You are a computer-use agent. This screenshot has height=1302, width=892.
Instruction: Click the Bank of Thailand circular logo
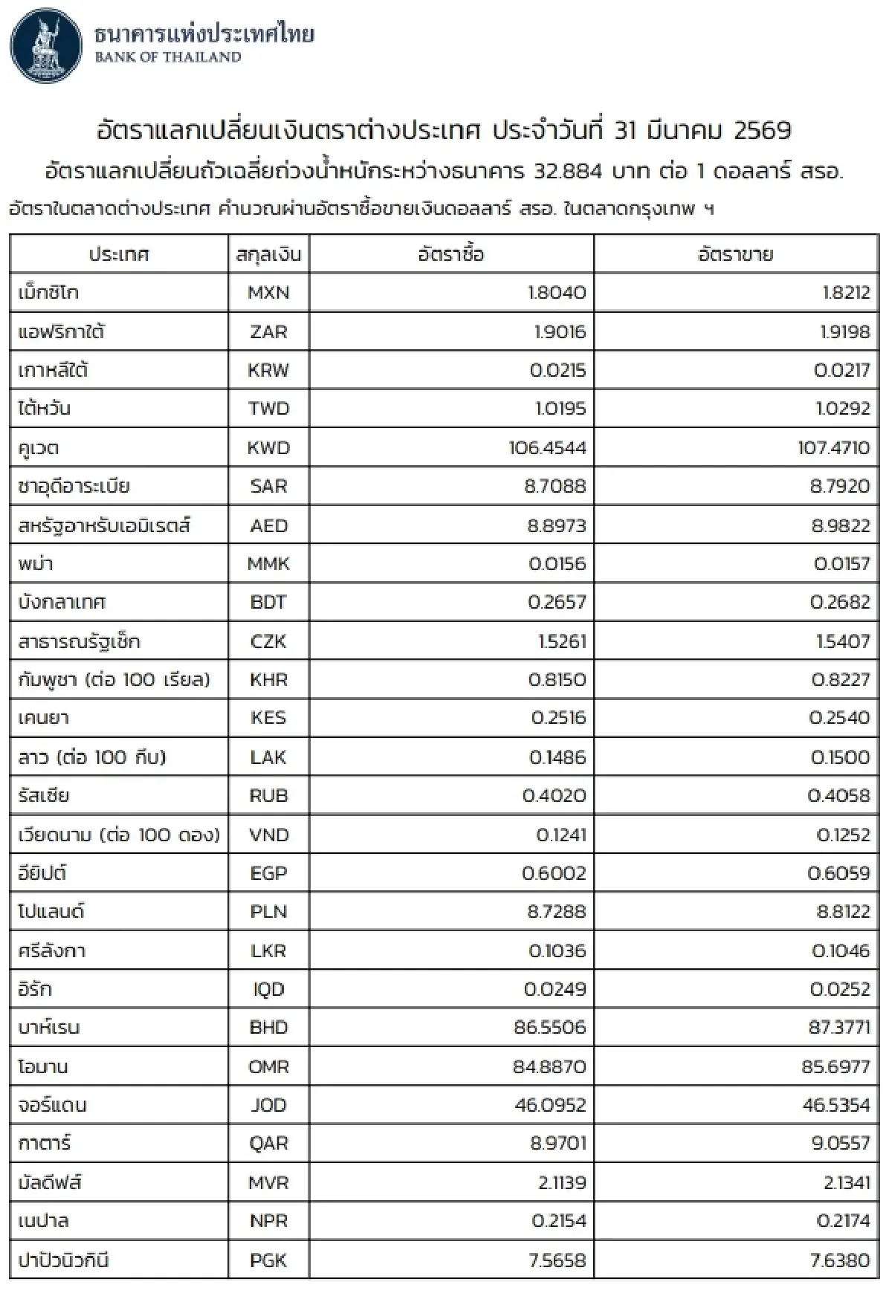pyautogui.click(x=46, y=46)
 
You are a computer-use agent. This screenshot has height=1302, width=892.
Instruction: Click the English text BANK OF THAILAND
pyautogui.click(x=168, y=57)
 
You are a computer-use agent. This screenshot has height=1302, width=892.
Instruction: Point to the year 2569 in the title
pyautogui.click(x=762, y=131)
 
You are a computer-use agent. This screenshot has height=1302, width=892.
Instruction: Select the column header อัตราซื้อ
pyautogui.click(x=450, y=254)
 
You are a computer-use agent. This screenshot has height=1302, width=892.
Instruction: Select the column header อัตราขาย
pyautogui.click(x=735, y=254)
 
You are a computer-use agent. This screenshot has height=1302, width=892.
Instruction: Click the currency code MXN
pyautogui.click(x=268, y=293)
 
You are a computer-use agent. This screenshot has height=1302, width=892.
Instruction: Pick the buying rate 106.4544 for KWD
pyautogui.click(x=547, y=448)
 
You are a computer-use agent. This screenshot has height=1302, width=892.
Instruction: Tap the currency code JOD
pyautogui.click(x=268, y=1105)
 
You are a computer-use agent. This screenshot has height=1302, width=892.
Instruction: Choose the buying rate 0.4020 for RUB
pyautogui.click(x=554, y=796)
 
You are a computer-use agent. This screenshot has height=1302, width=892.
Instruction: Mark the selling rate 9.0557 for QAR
pyautogui.click(x=840, y=1144)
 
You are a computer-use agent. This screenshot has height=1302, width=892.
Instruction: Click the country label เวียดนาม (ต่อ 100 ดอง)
pyautogui.click(x=119, y=835)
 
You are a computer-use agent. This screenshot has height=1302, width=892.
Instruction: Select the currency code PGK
pyautogui.click(x=268, y=1260)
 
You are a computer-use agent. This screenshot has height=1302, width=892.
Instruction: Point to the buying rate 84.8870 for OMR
pyautogui.click(x=549, y=1066)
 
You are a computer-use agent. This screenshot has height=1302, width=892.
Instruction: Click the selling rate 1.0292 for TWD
pyautogui.click(x=843, y=409)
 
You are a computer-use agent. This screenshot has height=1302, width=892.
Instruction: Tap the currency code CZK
pyautogui.click(x=268, y=641)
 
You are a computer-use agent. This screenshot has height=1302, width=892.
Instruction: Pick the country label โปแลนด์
pyautogui.click(x=51, y=912)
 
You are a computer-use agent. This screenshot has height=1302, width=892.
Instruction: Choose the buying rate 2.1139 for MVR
pyautogui.click(x=562, y=1182)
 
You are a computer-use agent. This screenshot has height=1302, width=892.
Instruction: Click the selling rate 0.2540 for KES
pyautogui.click(x=839, y=718)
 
